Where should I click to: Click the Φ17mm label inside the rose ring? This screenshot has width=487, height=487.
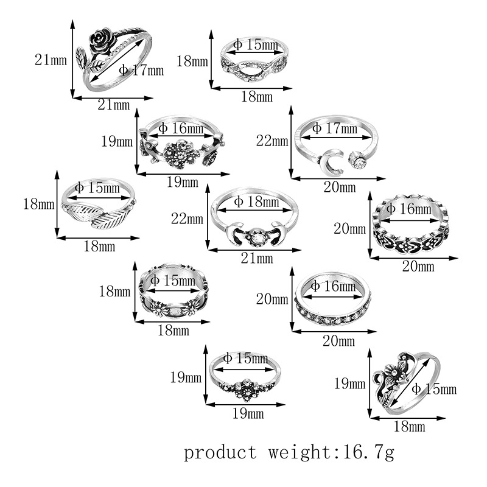coord(141,70)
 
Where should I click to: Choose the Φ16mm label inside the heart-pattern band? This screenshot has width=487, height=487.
coord(408,209)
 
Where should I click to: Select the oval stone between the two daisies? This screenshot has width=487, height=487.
coord(173,310)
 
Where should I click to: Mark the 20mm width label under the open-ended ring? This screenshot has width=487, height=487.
coord(339,187)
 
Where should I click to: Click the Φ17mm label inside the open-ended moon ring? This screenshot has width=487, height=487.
coord(334,128)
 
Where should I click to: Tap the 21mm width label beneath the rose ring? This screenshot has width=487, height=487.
coord(114,105)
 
